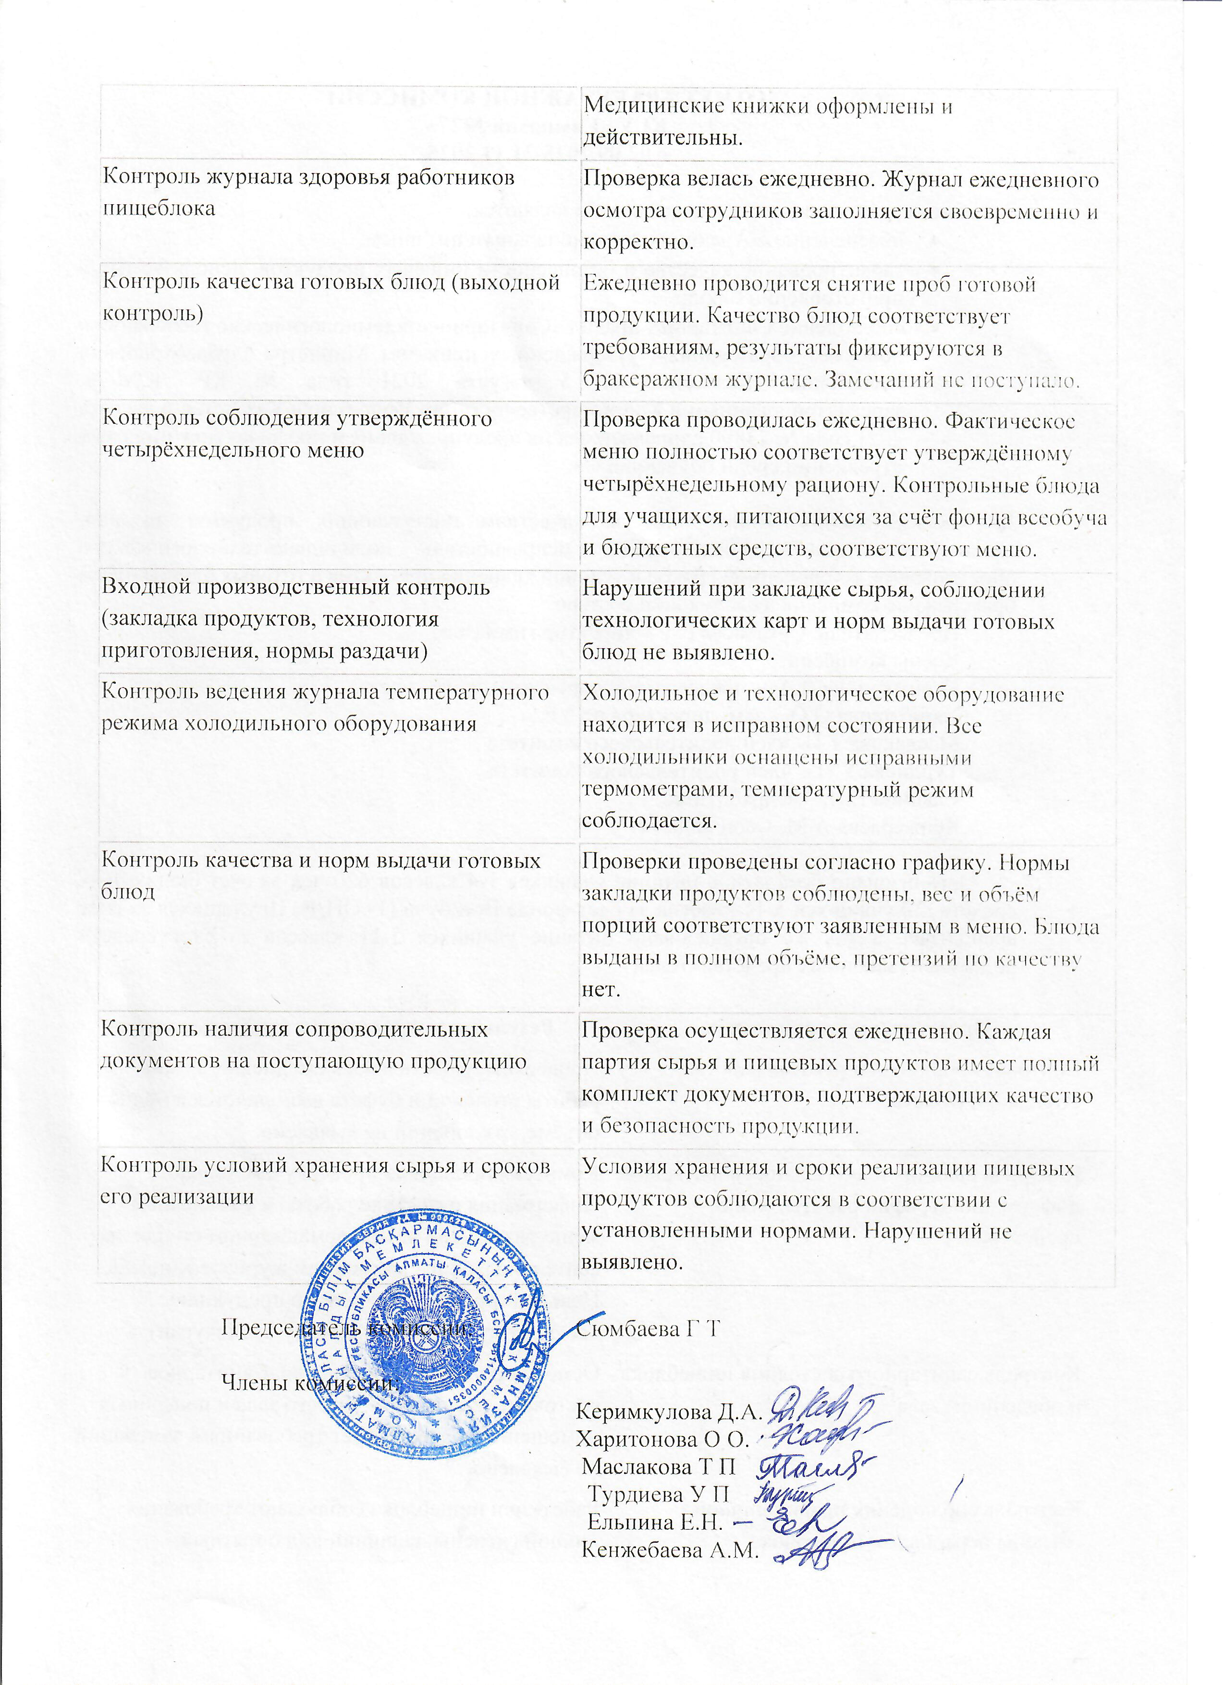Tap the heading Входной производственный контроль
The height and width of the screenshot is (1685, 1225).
(295, 587)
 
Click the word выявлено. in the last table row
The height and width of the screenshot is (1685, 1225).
(631, 1262)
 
